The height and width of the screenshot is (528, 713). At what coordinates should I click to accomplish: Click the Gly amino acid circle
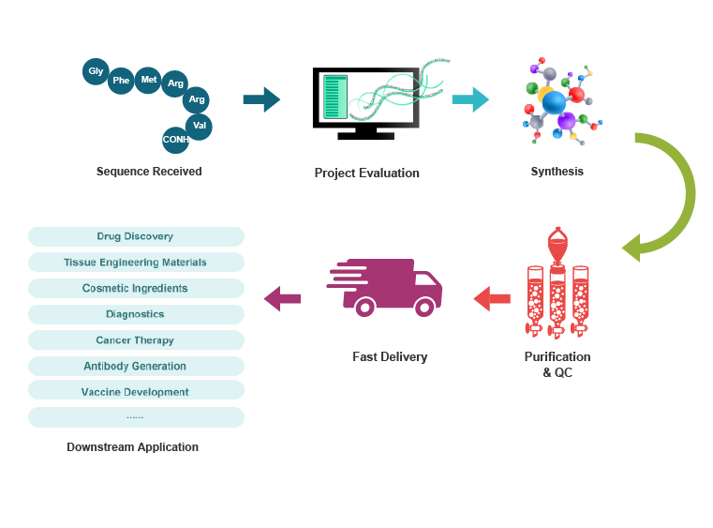pos(96,71)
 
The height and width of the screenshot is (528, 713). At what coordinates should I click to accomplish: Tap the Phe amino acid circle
pos(121,81)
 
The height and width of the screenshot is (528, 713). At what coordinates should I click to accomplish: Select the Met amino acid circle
pos(148,80)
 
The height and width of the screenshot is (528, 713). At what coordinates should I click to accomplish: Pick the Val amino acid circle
pos(199,125)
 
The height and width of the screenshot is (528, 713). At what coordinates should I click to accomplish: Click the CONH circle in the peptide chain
pos(175,140)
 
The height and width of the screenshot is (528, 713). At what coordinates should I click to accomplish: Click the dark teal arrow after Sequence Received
pos(260,99)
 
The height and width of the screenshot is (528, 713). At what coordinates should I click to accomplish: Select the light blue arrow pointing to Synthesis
pos(470,99)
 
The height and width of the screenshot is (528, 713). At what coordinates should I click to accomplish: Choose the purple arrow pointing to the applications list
pos(282,299)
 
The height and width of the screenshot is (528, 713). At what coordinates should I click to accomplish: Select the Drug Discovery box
pos(136,236)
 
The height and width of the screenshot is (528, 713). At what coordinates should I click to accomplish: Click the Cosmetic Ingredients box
pos(136,288)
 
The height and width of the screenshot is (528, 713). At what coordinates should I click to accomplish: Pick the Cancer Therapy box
pos(136,340)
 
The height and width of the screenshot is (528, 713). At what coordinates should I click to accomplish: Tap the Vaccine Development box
pos(136,392)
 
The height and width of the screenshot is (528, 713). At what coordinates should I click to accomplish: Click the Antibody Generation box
pos(136,366)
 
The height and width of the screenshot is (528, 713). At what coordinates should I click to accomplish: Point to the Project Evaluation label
pos(366,173)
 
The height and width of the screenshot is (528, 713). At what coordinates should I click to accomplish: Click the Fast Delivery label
pos(390,356)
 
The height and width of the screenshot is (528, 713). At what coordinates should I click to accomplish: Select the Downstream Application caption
pos(133,447)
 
